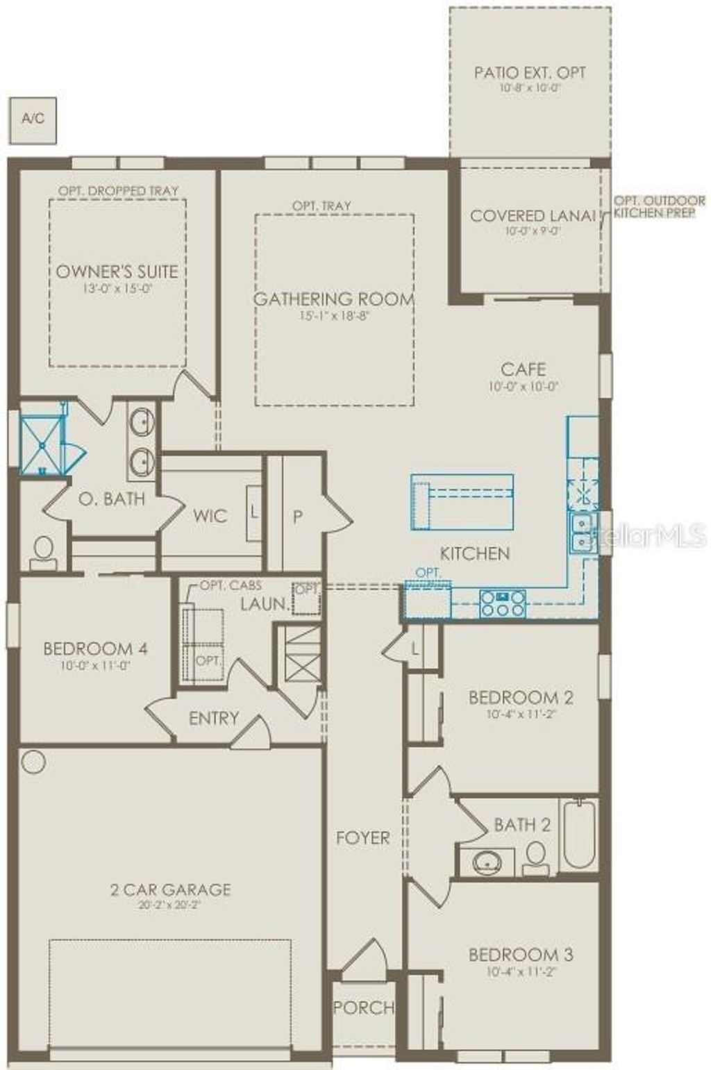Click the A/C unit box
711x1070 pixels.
pyautogui.click(x=33, y=120)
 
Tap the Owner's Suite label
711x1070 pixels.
pyautogui.click(x=117, y=271)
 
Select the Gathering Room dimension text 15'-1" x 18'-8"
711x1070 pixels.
pyautogui.click(x=334, y=315)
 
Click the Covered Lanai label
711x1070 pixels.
pyautogui.click(x=533, y=216)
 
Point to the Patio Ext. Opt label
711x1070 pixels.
pyautogui.click(x=530, y=72)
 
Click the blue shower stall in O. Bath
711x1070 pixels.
pyautogui.click(x=42, y=445)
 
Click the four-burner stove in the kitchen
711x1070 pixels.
pyautogui.click(x=503, y=603)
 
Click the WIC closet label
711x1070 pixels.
pyautogui.click(x=210, y=516)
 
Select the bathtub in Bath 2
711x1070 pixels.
pyautogui.click(x=578, y=835)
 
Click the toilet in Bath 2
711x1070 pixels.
pyautogui.click(x=535, y=858)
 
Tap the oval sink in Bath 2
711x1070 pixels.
pyautogui.click(x=488, y=863)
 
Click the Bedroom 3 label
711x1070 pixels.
pyautogui.click(x=521, y=955)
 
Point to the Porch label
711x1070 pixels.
pyautogui.click(x=363, y=1008)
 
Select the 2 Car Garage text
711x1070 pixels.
pyautogui.click(x=170, y=889)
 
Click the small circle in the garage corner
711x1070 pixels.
pyautogui.click(x=33, y=762)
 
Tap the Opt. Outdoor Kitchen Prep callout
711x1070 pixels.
pyautogui.click(x=658, y=207)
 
